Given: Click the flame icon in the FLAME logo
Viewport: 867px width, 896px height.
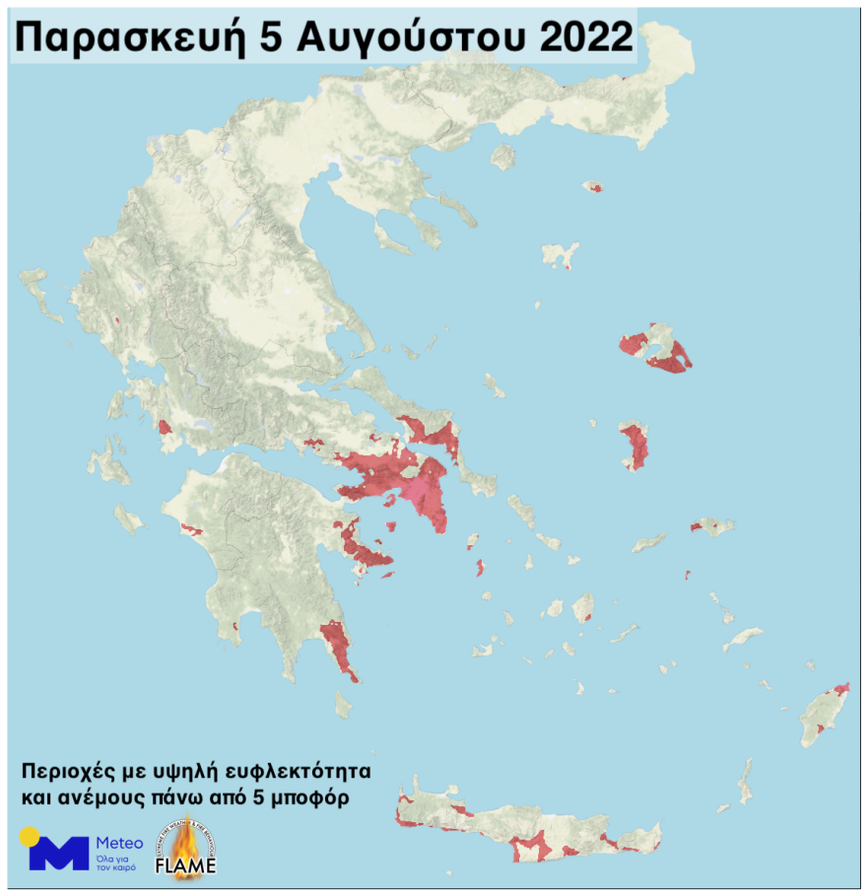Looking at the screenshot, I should pos(184,846).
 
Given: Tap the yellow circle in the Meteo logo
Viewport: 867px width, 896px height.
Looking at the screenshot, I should pos(30,837).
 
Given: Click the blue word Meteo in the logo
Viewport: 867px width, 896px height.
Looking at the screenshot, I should pos(119,843).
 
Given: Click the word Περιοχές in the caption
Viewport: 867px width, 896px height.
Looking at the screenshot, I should pos(66,769).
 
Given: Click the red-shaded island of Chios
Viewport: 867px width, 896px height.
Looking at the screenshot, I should pos(634,446).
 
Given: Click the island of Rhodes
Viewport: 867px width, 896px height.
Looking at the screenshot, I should pos(821,714).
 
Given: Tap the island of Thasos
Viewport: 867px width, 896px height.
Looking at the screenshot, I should pos(503,157).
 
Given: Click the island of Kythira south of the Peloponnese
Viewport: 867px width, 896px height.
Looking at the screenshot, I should pos(342,704).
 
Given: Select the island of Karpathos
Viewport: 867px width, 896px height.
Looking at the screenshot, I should pos(745,779).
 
